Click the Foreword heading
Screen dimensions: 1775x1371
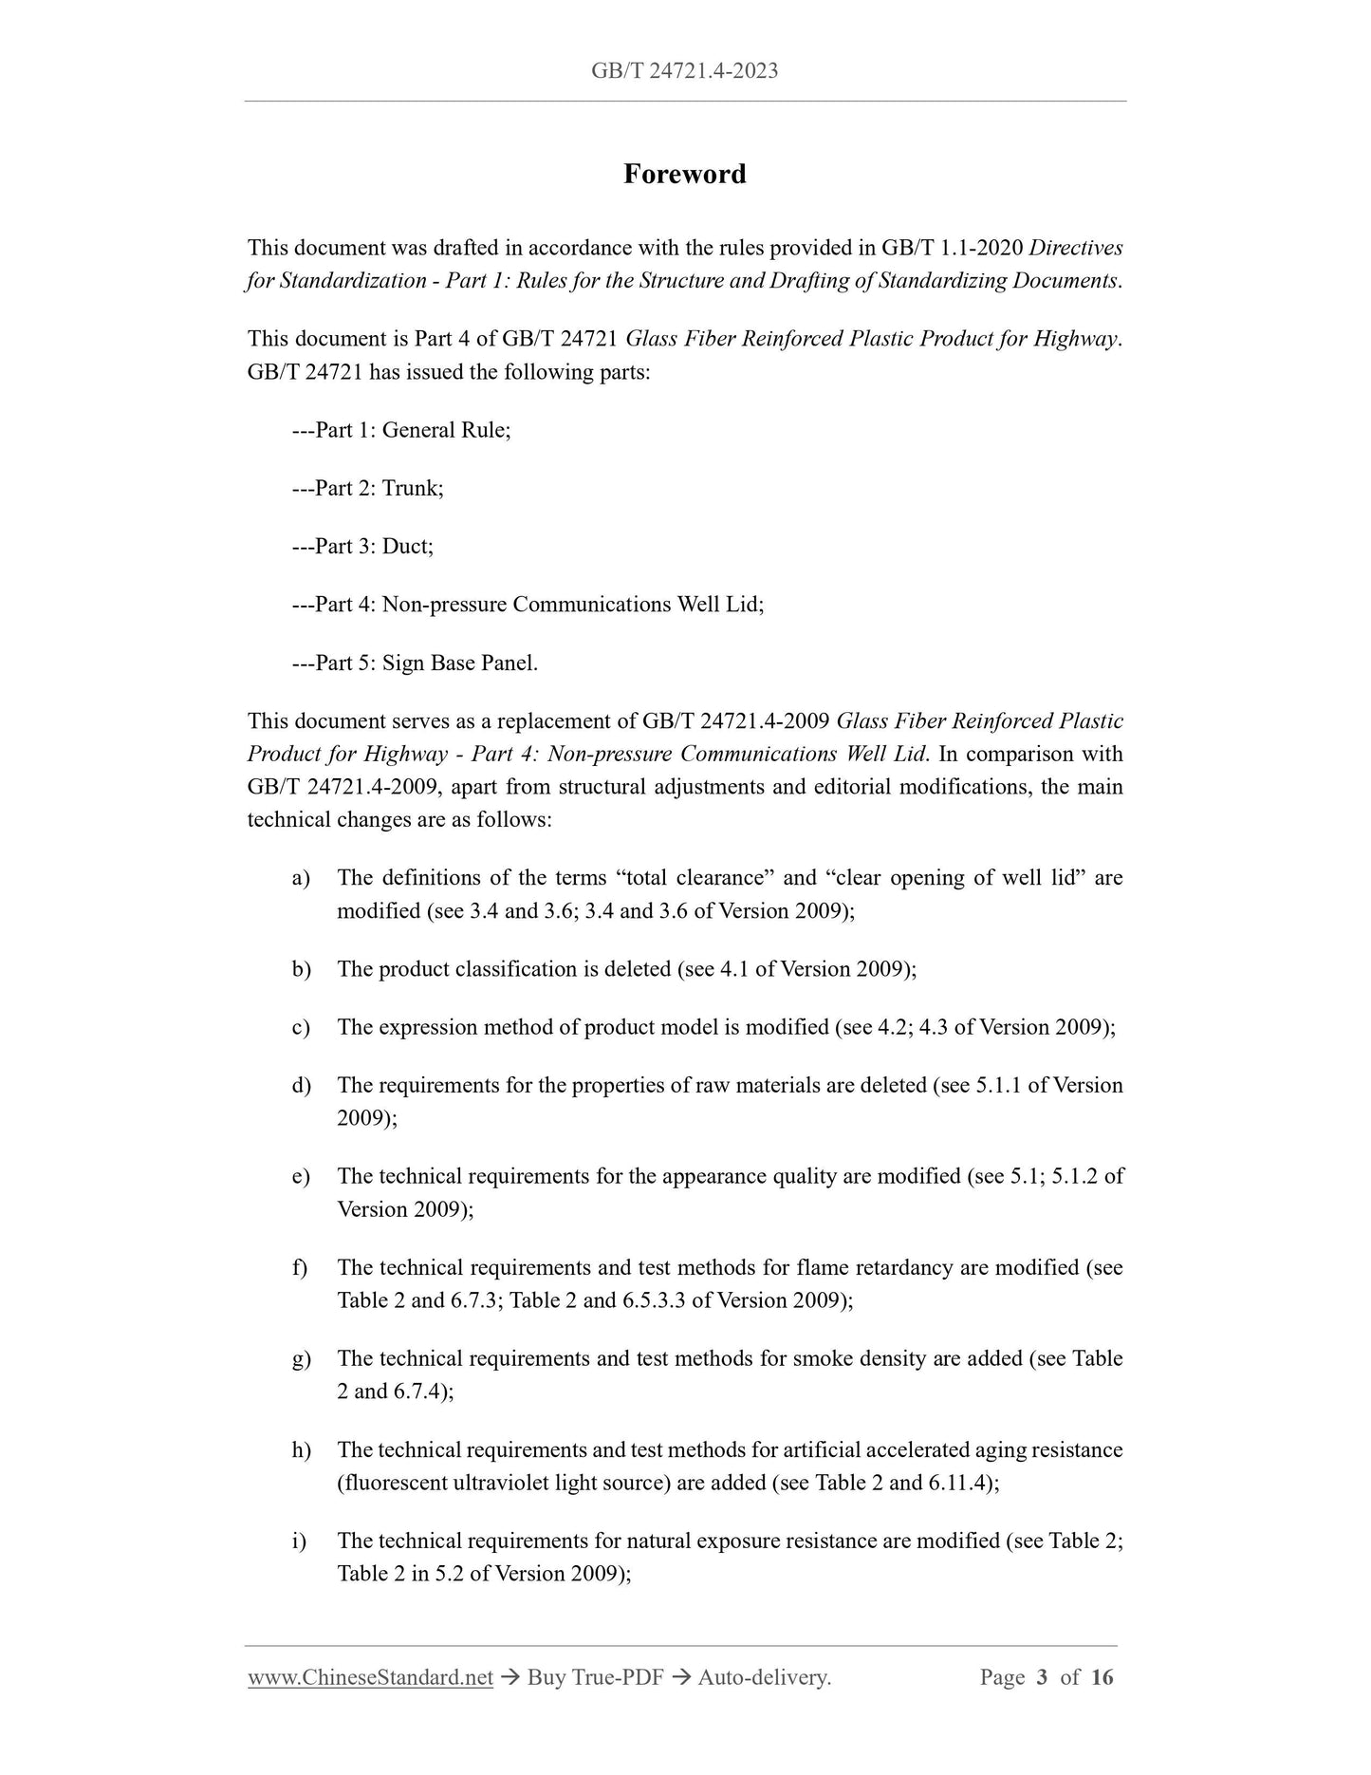pos(684,174)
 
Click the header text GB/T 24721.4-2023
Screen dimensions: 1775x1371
pos(684,70)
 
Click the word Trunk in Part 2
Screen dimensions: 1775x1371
pos(411,488)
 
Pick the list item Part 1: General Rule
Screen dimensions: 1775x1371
pos(401,430)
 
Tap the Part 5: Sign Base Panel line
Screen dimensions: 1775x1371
pos(415,663)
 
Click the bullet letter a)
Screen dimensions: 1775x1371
pos(301,878)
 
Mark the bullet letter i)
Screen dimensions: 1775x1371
pos(299,1541)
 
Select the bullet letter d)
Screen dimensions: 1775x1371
pos(301,1085)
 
